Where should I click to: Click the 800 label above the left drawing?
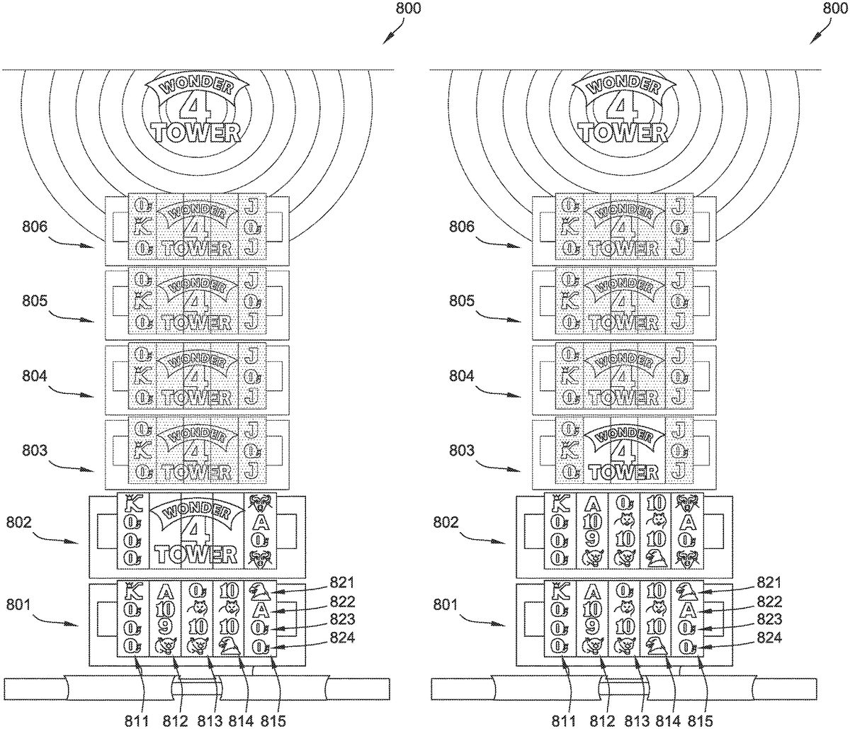pyautogui.click(x=407, y=9)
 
